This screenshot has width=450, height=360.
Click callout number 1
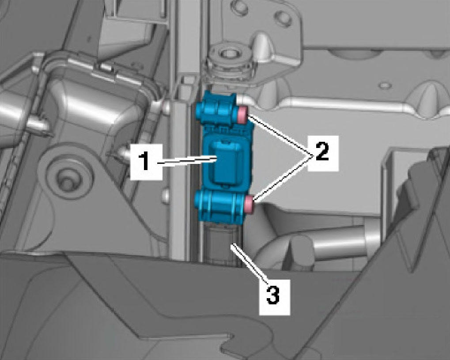pyautogui.click(x=145, y=162)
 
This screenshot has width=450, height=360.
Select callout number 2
pyautogui.click(x=322, y=153)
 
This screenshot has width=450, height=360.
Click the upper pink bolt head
pyautogui.click(x=243, y=114)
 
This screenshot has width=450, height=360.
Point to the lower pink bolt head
pyautogui.click(x=249, y=204)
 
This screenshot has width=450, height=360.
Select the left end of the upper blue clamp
pyautogui.click(x=200, y=111)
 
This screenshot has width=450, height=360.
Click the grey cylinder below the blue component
pyautogui.click(x=223, y=244)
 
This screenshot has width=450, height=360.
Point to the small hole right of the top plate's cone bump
pyautogui.click(x=386, y=86)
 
